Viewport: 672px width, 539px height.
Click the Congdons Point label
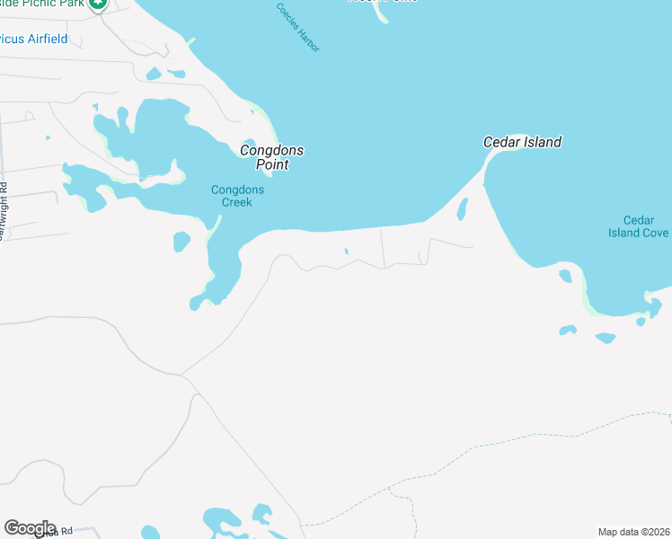point(271,157)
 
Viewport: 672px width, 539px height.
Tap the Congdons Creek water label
point(231,196)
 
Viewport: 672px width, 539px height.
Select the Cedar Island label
point(522,142)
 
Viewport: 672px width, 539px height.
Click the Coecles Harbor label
point(297,27)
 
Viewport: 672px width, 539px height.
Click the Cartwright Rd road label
point(4,212)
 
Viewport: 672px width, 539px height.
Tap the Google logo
point(30,528)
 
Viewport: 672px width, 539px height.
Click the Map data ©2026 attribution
point(634,532)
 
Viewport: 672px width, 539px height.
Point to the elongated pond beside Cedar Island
point(463,210)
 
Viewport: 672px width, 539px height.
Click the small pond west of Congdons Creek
point(181,242)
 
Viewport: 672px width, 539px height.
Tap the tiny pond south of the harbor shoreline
point(346,252)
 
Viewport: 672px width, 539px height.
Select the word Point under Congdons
point(271,165)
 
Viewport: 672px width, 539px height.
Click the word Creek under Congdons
point(237,202)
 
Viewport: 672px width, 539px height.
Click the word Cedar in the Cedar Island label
point(499,142)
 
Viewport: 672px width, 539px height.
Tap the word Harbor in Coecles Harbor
point(310,40)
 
